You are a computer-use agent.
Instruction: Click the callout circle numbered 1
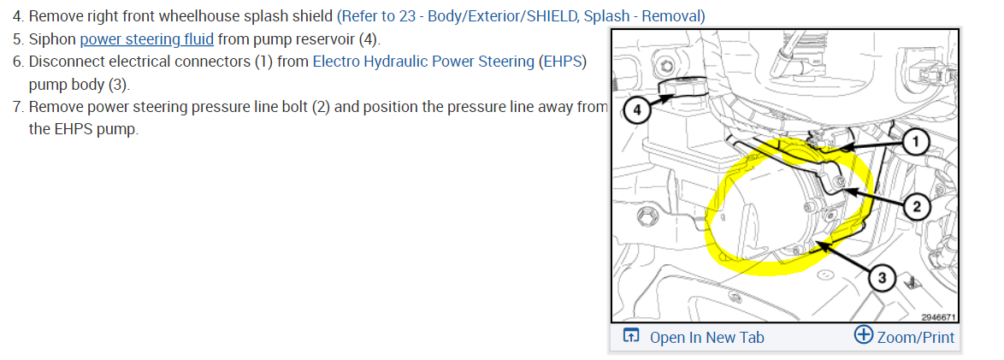click(x=915, y=142)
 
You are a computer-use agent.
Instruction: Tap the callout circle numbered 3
click(x=882, y=277)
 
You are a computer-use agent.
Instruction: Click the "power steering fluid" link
click(x=146, y=39)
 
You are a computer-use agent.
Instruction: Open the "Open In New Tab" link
click(x=706, y=337)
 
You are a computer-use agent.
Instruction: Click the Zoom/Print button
click(x=915, y=337)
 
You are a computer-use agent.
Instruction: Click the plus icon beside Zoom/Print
click(x=863, y=335)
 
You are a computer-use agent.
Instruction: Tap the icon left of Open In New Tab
click(x=630, y=336)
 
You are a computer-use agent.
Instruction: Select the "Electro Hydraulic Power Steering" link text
click(x=424, y=62)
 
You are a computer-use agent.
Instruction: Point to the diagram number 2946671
click(x=937, y=316)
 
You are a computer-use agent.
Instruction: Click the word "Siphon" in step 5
click(x=52, y=39)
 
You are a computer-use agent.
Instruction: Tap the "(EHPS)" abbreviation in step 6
click(x=563, y=62)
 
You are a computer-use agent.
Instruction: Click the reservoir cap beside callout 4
click(x=680, y=89)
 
